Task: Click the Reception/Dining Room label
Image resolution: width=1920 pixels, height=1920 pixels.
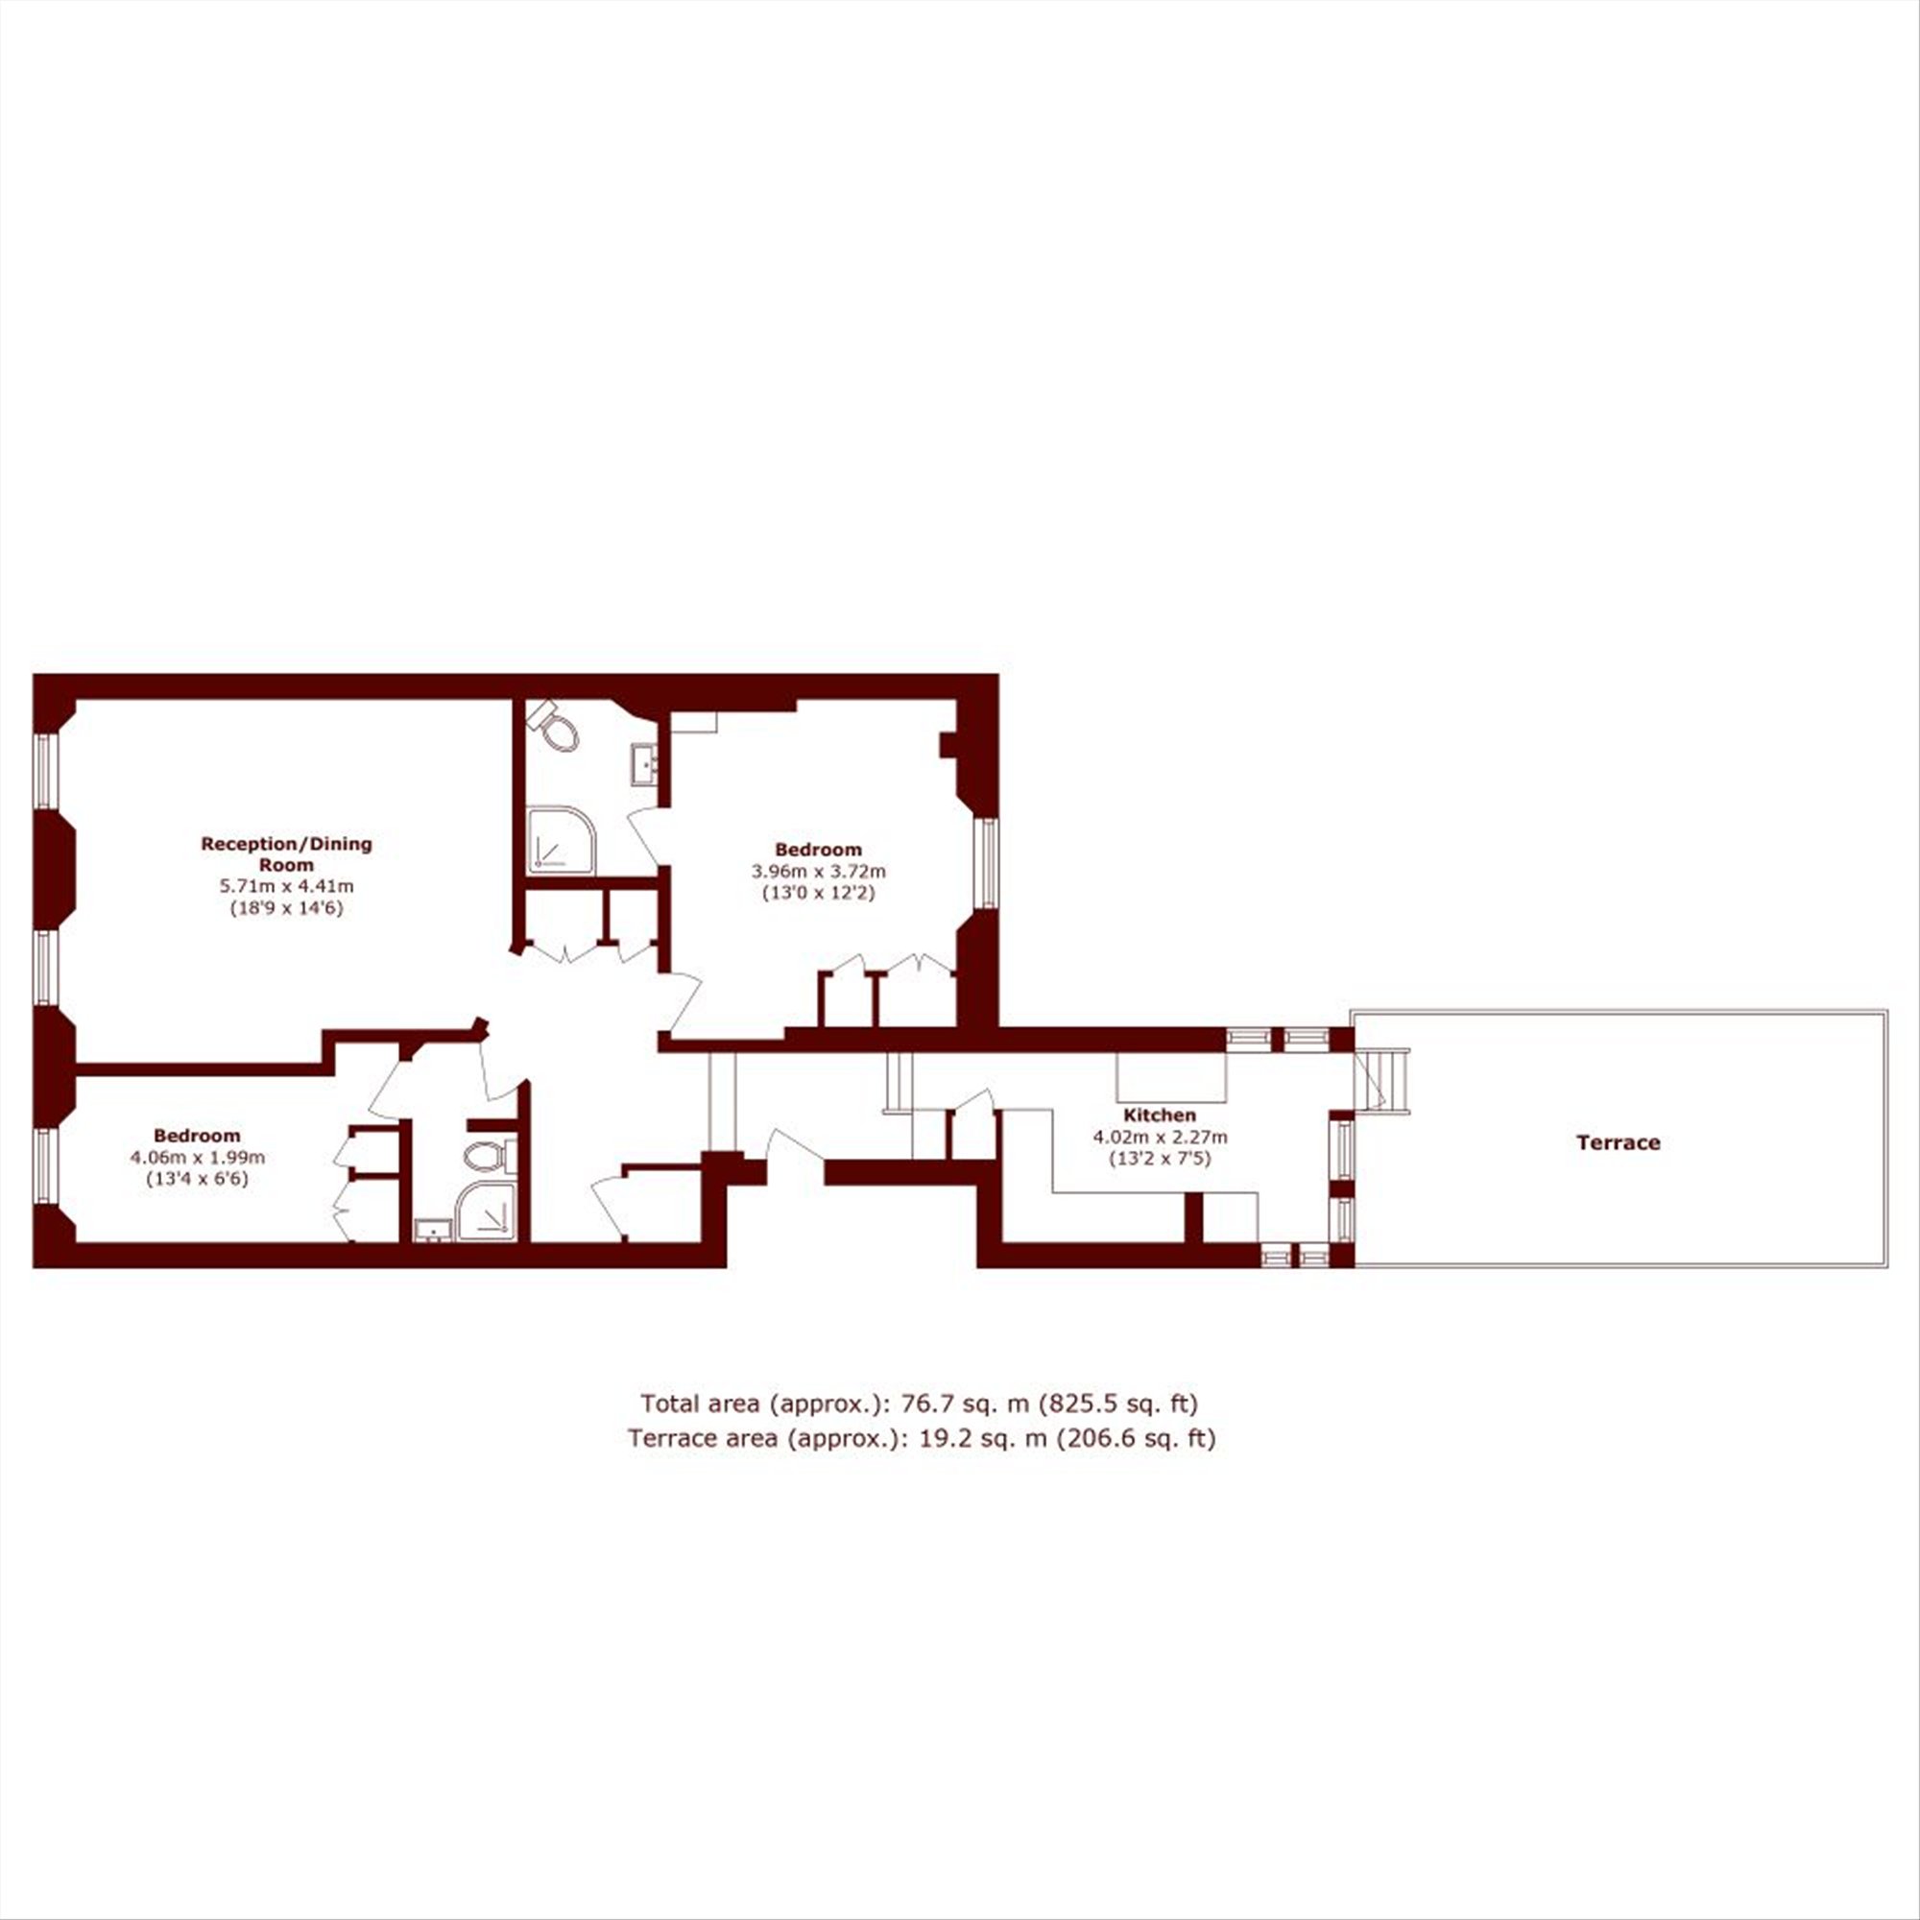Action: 286,853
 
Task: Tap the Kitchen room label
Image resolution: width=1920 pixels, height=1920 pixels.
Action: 1159,1115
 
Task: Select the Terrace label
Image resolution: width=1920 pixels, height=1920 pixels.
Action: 1618,1142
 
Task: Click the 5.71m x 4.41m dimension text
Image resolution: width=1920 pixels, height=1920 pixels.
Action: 286,885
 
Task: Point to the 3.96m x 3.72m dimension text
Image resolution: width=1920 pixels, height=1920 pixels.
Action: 818,872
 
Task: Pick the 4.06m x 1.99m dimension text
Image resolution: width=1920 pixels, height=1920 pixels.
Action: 197,1158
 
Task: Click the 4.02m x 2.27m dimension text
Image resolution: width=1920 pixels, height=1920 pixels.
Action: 1160,1137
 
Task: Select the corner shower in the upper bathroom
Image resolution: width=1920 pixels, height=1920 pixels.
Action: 562,841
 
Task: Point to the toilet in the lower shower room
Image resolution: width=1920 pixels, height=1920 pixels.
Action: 491,1158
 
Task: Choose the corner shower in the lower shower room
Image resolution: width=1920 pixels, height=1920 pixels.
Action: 486,1211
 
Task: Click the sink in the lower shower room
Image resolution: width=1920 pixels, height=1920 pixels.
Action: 433,1232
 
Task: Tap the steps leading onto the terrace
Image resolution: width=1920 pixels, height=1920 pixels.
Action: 1383,1080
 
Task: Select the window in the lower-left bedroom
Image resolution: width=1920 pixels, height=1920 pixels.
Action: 45,1164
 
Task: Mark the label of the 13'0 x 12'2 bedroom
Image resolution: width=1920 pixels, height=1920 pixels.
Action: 818,850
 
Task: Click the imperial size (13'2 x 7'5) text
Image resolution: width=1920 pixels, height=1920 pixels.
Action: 1160,1158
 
